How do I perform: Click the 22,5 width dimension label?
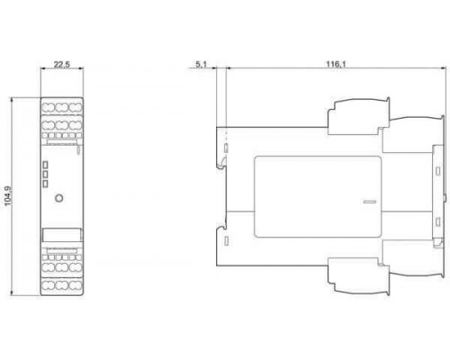(x=62, y=65)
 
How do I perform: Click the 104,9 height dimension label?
(x=7, y=196)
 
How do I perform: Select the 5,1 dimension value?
(x=201, y=65)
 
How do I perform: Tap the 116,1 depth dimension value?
(x=336, y=65)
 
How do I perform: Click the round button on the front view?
(x=59, y=198)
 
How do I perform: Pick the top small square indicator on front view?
(x=45, y=165)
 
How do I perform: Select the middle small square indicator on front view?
(x=45, y=175)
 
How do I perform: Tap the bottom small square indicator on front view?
(x=45, y=184)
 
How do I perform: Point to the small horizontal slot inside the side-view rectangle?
(x=370, y=202)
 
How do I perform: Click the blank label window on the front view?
(x=61, y=235)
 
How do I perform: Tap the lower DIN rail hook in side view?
(x=221, y=230)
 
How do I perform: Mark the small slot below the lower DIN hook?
(x=227, y=240)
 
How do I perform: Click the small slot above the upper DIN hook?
(x=227, y=148)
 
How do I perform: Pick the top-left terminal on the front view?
(x=48, y=107)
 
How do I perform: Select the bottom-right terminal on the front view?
(x=76, y=285)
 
